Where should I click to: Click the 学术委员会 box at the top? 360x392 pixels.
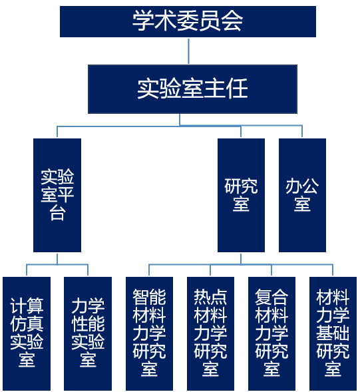click(x=188, y=21)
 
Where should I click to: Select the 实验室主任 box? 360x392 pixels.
click(x=192, y=89)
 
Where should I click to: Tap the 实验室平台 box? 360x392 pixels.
click(x=57, y=195)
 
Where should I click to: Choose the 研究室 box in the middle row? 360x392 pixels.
click(x=241, y=195)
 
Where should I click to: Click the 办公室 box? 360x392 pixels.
click(x=302, y=195)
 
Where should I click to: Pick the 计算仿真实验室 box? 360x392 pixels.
click(x=27, y=333)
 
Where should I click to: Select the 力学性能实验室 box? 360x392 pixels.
click(x=88, y=333)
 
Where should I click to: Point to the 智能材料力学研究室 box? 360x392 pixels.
click(x=149, y=333)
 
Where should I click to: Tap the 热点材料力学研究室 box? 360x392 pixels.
click(x=210, y=333)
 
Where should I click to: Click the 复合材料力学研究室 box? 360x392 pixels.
click(x=271, y=333)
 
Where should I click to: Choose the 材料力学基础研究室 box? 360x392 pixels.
click(x=333, y=333)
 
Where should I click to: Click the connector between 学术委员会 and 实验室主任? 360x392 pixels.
click(x=188, y=51)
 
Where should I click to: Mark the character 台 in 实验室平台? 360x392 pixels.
click(x=57, y=214)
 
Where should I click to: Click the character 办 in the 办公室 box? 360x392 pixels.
click(x=293, y=186)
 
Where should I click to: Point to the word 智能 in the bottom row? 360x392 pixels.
click(x=149, y=297)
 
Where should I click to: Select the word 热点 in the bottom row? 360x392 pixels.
click(x=210, y=297)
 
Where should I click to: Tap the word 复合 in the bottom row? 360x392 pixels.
click(x=271, y=297)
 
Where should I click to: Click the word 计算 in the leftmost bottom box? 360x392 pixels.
click(x=27, y=306)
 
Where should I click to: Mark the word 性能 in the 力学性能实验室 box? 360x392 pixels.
click(x=88, y=324)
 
